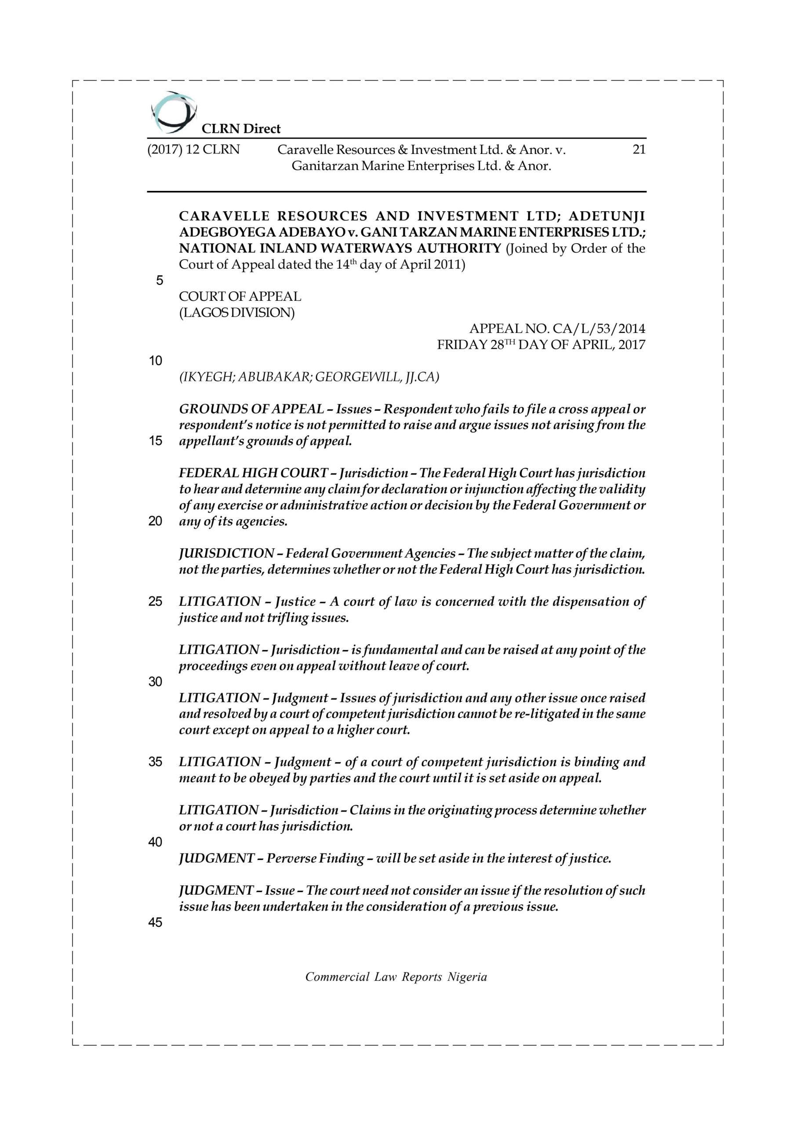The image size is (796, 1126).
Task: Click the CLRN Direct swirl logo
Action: tap(173, 112)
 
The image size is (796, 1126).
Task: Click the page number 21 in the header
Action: tap(639, 150)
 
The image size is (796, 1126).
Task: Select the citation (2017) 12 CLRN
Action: tap(193, 150)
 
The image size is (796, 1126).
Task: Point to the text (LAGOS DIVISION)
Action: tap(237, 312)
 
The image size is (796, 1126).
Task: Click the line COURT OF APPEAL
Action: tap(240, 297)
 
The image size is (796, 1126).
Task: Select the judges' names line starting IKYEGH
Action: tap(309, 377)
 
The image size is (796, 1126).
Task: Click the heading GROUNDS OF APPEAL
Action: tap(251, 409)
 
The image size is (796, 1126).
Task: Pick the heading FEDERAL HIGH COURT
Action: tap(253, 473)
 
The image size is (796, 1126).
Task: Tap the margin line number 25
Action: tap(156, 602)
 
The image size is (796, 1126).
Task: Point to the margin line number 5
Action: tap(159, 281)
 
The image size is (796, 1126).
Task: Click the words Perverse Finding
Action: tap(315, 859)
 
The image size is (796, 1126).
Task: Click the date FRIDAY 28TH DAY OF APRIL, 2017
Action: tap(541, 345)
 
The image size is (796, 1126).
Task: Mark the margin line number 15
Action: tap(156, 441)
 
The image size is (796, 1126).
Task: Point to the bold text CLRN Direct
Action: tap(241, 129)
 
